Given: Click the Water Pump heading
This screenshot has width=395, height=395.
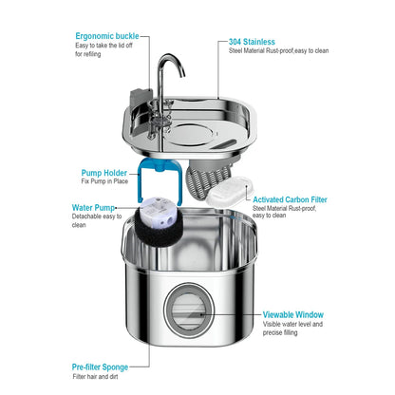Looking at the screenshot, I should coord(96,207).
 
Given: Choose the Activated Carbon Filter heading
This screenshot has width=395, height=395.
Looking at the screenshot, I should coord(291,200).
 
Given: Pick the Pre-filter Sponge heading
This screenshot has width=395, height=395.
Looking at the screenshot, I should coord(108,365).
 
